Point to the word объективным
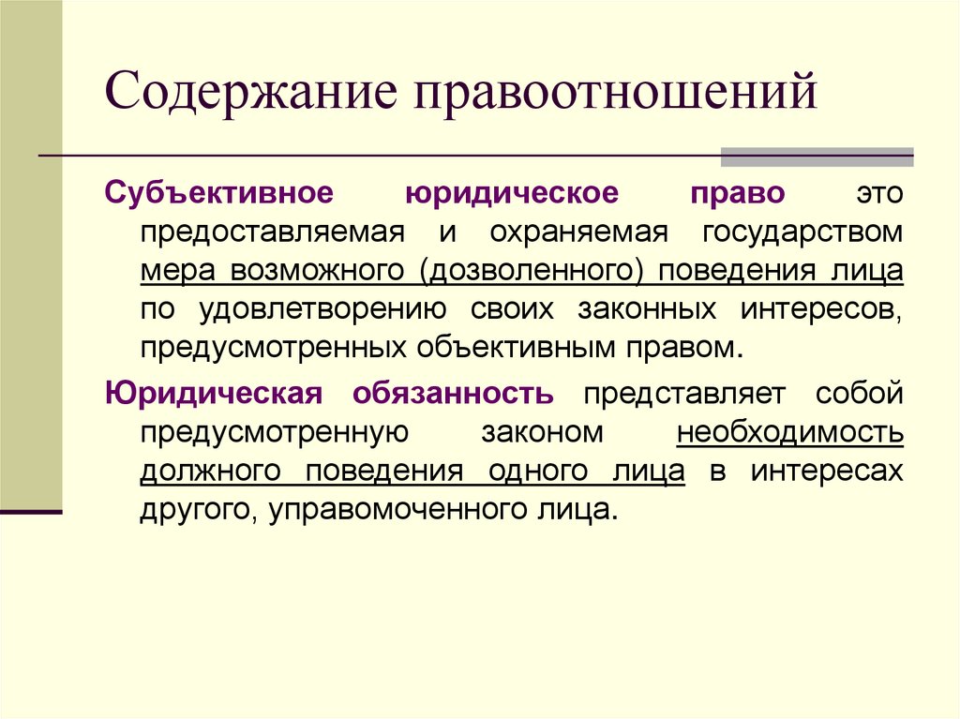(x=510, y=348)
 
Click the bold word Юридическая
(x=214, y=393)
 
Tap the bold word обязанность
(x=453, y=393)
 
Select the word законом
(x=542, y=432)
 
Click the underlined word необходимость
(x=790, y=432)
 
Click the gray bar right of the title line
(x=816, y=156)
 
